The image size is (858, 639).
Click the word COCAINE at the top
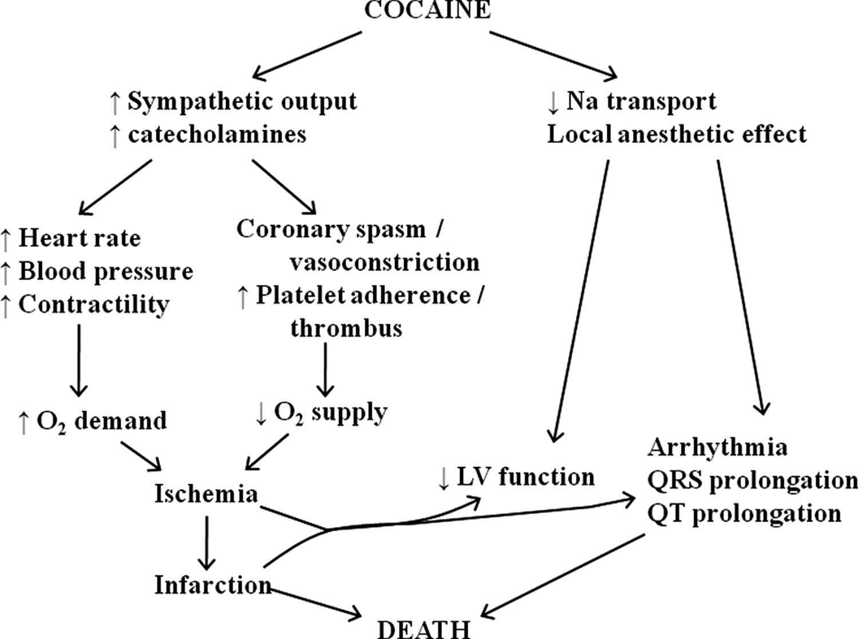click(x=427, y=10)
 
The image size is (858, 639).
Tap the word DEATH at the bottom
click(x=424, y=629)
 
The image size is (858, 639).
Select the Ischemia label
click(x=206, y=494)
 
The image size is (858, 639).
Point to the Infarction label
click(x=212, y=585)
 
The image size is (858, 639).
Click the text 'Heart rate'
click(x=80, y=238)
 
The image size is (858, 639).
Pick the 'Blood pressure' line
click(x=106, y=271)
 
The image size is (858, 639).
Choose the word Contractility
click(x=94, y=304)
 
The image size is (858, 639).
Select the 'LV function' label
click(x=525, y=477)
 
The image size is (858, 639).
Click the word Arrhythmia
click(x=717, y=447)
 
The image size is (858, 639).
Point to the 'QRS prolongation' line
click(x=752, y=480)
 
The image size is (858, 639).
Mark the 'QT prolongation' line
click(x=744, y=513)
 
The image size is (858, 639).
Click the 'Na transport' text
click(x=641, y=101)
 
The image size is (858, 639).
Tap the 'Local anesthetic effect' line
click(x=677, y=134)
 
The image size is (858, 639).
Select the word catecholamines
click(x=217, y=134)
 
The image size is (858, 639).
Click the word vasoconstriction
click(x=384, y=262)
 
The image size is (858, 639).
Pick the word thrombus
click(x=346, y=328)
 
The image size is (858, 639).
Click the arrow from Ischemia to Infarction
click(x=206, y=541)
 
